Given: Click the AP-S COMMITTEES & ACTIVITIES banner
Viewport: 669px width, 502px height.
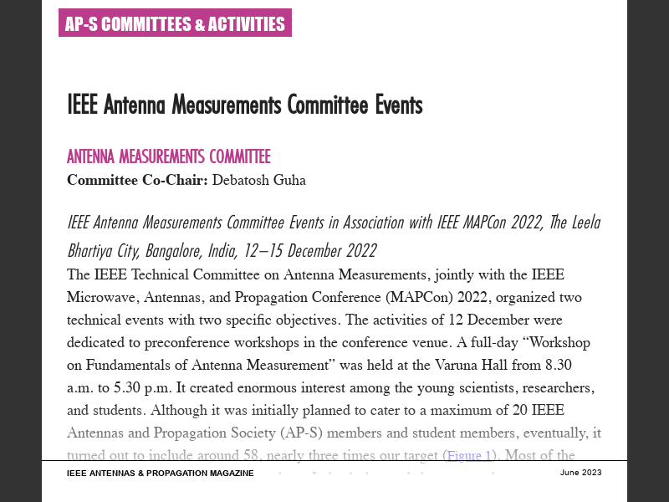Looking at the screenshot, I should tap(175, 24).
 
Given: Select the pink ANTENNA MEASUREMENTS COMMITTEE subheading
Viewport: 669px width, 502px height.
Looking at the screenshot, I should tap(169, 156).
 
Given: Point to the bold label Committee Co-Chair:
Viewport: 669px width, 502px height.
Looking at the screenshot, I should tap(137, 179).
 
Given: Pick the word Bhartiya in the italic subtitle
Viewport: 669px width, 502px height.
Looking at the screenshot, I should tap(94, 251).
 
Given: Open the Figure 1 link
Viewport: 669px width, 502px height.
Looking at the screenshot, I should tap(469, 456).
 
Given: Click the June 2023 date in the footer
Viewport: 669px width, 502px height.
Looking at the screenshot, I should tap(580, 473).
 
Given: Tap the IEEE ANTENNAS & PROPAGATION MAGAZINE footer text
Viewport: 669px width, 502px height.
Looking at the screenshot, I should tap(161, 474).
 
